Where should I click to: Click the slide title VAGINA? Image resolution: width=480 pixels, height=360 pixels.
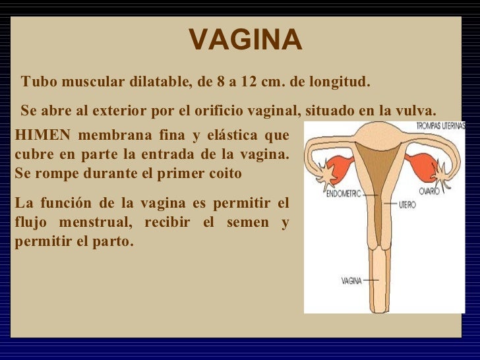coord(245,40)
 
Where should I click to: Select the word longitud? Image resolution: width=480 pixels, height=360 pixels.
coord(340,82)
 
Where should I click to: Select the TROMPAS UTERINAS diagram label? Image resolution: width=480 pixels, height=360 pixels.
coord(440,125)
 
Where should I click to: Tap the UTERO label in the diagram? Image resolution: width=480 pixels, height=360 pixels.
coord(407,205)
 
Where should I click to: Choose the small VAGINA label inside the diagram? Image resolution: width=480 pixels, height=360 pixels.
coord(351,280)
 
